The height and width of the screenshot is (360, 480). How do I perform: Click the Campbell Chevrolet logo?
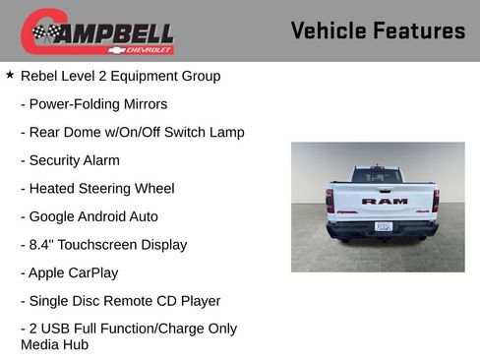pos(97,30)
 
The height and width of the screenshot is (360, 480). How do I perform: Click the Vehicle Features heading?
pos(378,30)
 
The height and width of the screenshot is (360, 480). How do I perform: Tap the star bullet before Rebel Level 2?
pos(10,75)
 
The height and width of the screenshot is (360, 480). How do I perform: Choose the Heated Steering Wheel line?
pos(97,188)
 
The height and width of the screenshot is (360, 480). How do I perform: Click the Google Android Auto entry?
pos(89,216)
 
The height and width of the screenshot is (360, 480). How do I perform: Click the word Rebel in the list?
pos(40,76)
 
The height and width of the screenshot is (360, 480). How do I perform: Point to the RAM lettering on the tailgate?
pos(384,201)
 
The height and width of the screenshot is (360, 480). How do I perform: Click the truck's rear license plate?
pos(384,226)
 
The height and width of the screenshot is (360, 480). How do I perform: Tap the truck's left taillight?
pos(330,200)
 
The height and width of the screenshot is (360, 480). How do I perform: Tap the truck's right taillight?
pos(436,200)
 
